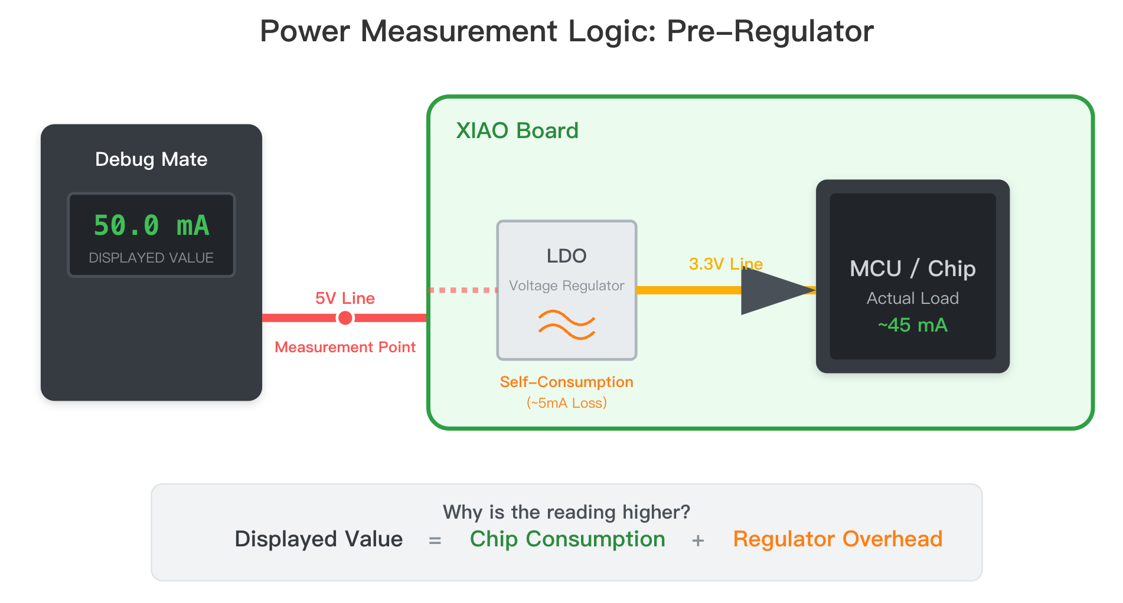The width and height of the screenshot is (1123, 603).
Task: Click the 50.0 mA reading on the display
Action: [x=151, y=225]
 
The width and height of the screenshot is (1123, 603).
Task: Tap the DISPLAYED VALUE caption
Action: [x=151, y=258]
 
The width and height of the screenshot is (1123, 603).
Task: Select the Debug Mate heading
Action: [x=151, y=159]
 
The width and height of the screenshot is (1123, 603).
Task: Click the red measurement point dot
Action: [x=345, y=318]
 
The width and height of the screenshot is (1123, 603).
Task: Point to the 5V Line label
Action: [x=345, y=298]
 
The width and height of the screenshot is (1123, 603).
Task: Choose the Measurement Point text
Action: [x=345, y=347]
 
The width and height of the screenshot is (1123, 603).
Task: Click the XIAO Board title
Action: [x=517, y=130]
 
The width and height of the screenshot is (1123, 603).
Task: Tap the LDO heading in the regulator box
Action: [x=566, y=255]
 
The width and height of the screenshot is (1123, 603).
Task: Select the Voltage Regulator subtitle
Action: [x=566, y=286]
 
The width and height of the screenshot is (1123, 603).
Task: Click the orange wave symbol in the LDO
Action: [x=566, y=325]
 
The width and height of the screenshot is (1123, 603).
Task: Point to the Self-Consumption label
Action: [x=566, y=382]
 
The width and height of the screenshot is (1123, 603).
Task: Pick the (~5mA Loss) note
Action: [x=566, y=403]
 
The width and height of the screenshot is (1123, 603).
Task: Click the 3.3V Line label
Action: [x=726, y=264]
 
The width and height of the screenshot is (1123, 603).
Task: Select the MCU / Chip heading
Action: [x=912, y=268]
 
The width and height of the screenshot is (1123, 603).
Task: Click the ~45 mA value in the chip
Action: [x=912, y=325]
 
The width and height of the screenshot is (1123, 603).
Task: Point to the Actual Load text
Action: [x=912, y=298]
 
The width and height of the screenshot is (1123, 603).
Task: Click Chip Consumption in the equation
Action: [x=567, y=539]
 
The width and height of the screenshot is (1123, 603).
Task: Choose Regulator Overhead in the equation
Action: [x=837, y=539]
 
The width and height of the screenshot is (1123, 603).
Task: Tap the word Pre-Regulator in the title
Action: [x=770, y=31]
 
